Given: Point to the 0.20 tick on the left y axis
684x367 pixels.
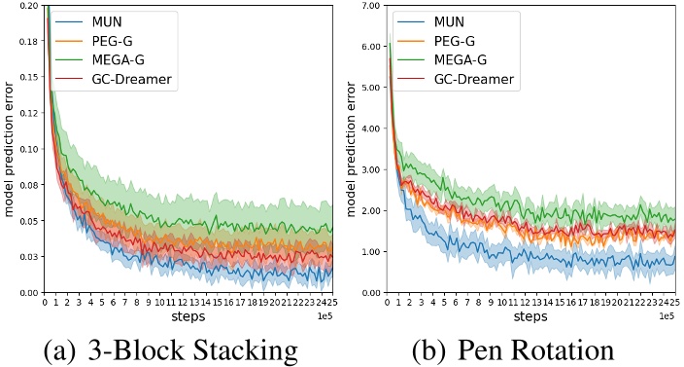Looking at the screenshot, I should tap(27, 6).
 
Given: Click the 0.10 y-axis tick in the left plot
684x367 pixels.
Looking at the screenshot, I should tap(27, 149).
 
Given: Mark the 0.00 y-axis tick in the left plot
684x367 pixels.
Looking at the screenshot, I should tap(27, 292).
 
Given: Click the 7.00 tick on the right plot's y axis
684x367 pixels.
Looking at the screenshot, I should tap(368, 6).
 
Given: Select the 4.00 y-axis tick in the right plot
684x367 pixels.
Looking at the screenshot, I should tap(368, 128).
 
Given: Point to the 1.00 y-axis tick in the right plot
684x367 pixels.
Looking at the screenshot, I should tap(368, 251).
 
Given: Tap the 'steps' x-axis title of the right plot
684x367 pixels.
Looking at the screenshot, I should tap(530, 317).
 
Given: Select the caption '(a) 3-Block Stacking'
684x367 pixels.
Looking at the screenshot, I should tap(172, 349).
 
